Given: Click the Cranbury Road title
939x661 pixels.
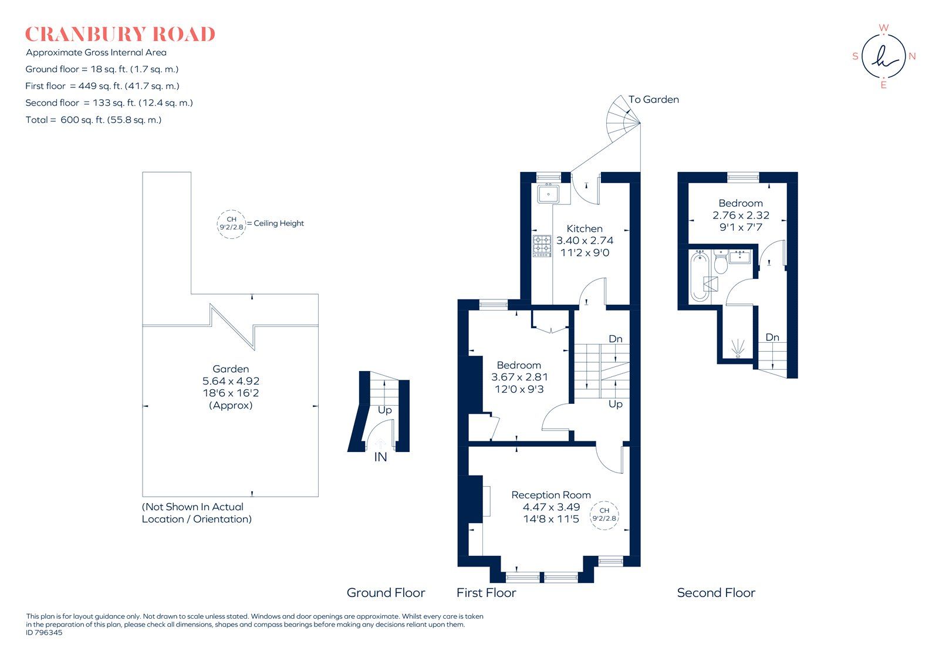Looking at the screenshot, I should pos(120,34).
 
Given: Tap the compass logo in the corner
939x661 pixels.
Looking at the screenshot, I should pos(883,57).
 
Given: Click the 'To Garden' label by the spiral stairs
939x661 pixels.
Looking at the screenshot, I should pos(653,100).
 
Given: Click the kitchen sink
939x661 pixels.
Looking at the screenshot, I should pos(549,193).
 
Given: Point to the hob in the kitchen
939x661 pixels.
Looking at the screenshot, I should pos(542,246).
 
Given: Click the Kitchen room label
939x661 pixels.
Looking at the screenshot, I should pos(585,229).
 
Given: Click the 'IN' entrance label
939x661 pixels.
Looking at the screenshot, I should pos(380,457).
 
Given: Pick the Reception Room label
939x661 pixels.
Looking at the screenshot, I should pos(550,495).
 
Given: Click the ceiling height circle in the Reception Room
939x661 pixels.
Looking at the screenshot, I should pos(604,515).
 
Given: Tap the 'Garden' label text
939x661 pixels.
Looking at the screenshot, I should pos(231,369).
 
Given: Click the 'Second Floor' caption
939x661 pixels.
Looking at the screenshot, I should pos(715,593).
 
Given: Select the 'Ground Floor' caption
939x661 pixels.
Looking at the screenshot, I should pos(386,593).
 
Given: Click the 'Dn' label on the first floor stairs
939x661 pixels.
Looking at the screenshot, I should pos(615,339).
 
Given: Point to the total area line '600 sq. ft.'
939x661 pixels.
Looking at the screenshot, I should pos(93,120).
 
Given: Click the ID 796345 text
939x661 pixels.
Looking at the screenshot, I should pos(44,633).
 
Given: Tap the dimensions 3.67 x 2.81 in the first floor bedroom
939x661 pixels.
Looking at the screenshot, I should pos(519,377).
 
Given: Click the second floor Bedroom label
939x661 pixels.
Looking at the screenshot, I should pos(741,203).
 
